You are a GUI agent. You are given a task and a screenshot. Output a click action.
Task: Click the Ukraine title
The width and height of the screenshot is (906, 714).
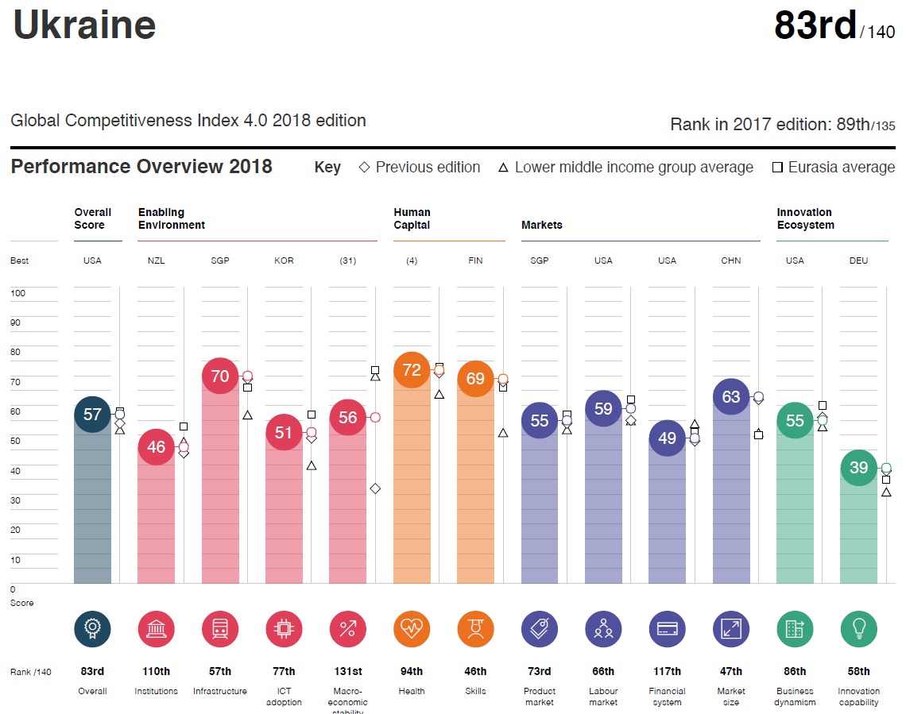click(84, 25)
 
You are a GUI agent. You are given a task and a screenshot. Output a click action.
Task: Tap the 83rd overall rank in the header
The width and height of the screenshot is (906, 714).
click(815, 25)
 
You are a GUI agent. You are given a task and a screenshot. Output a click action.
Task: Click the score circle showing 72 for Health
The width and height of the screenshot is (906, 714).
click(412, 370)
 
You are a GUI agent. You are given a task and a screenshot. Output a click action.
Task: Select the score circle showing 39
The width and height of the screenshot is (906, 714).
click(858, 468)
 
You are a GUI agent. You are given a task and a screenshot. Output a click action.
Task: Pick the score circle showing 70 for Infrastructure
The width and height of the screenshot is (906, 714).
click(220, 376)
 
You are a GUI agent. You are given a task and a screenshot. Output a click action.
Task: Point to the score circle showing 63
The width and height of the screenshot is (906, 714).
click(731, 397)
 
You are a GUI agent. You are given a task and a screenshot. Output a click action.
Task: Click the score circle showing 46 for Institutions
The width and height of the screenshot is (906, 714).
click(156, 447)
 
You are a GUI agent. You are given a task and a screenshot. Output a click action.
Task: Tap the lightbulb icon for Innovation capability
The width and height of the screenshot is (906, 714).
click(858, 630)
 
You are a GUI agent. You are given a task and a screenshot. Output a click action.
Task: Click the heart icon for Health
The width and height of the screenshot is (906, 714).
click(412, 630)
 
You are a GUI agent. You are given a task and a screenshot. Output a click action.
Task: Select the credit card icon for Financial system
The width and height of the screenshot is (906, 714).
click(667, 630)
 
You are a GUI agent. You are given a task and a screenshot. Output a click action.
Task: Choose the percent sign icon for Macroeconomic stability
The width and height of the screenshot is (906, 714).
click(347, 630)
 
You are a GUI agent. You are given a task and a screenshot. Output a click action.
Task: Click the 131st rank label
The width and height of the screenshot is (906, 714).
click(347, 671)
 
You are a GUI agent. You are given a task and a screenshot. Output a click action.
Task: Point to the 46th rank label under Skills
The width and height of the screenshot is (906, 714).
click(475, 671)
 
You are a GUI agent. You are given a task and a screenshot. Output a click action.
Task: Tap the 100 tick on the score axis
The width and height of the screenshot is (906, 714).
click(17, 293)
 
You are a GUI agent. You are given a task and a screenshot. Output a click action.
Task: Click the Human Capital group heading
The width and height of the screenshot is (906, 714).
click(412, 218)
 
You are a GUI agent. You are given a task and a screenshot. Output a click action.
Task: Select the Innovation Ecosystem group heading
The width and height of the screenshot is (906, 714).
click(805, 218)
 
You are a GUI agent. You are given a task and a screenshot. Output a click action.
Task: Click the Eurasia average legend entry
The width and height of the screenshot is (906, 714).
click(834, 168)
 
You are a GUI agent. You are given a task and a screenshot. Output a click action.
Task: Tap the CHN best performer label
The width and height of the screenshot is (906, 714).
click(731, 261)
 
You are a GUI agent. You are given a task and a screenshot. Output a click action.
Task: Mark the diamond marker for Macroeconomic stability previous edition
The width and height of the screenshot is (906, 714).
click(375, 488)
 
